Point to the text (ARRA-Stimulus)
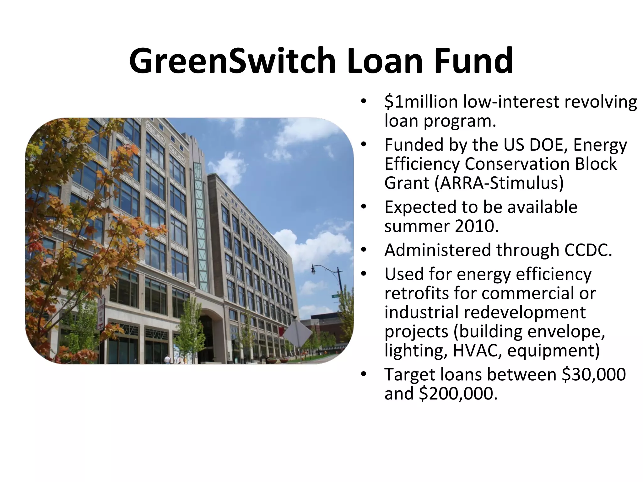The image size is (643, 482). point(499,183)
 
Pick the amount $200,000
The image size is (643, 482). point(458,394)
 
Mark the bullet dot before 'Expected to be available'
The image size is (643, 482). point(364,207)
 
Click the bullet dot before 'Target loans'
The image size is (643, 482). point(364,374)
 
